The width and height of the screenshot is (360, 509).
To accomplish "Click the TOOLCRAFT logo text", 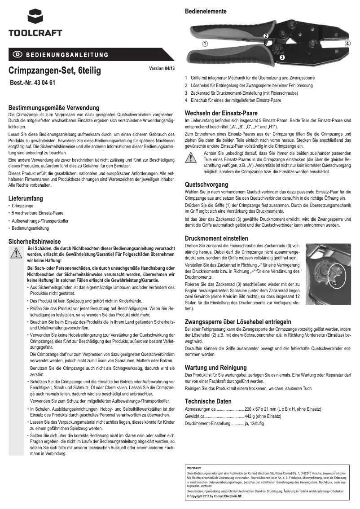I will coord(35,33).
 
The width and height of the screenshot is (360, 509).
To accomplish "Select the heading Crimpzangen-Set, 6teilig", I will coord(55,70).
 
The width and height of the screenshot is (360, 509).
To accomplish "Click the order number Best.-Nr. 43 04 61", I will coord(32,83).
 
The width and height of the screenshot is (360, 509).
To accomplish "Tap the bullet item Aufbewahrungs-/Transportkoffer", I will coord(40,221).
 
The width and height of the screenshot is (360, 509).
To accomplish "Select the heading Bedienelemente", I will coord(206,11).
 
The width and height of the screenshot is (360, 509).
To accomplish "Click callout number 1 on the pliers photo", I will coord(204,44).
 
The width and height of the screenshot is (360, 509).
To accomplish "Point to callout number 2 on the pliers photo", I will coord(266,35).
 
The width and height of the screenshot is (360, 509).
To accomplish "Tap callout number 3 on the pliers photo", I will coord(282,58).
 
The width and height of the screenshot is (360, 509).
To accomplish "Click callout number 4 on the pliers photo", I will coord(347,44).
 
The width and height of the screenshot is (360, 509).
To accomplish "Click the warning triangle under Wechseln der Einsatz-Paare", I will coord(191,158).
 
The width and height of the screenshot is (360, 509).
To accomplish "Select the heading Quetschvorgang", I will coord(206,184).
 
